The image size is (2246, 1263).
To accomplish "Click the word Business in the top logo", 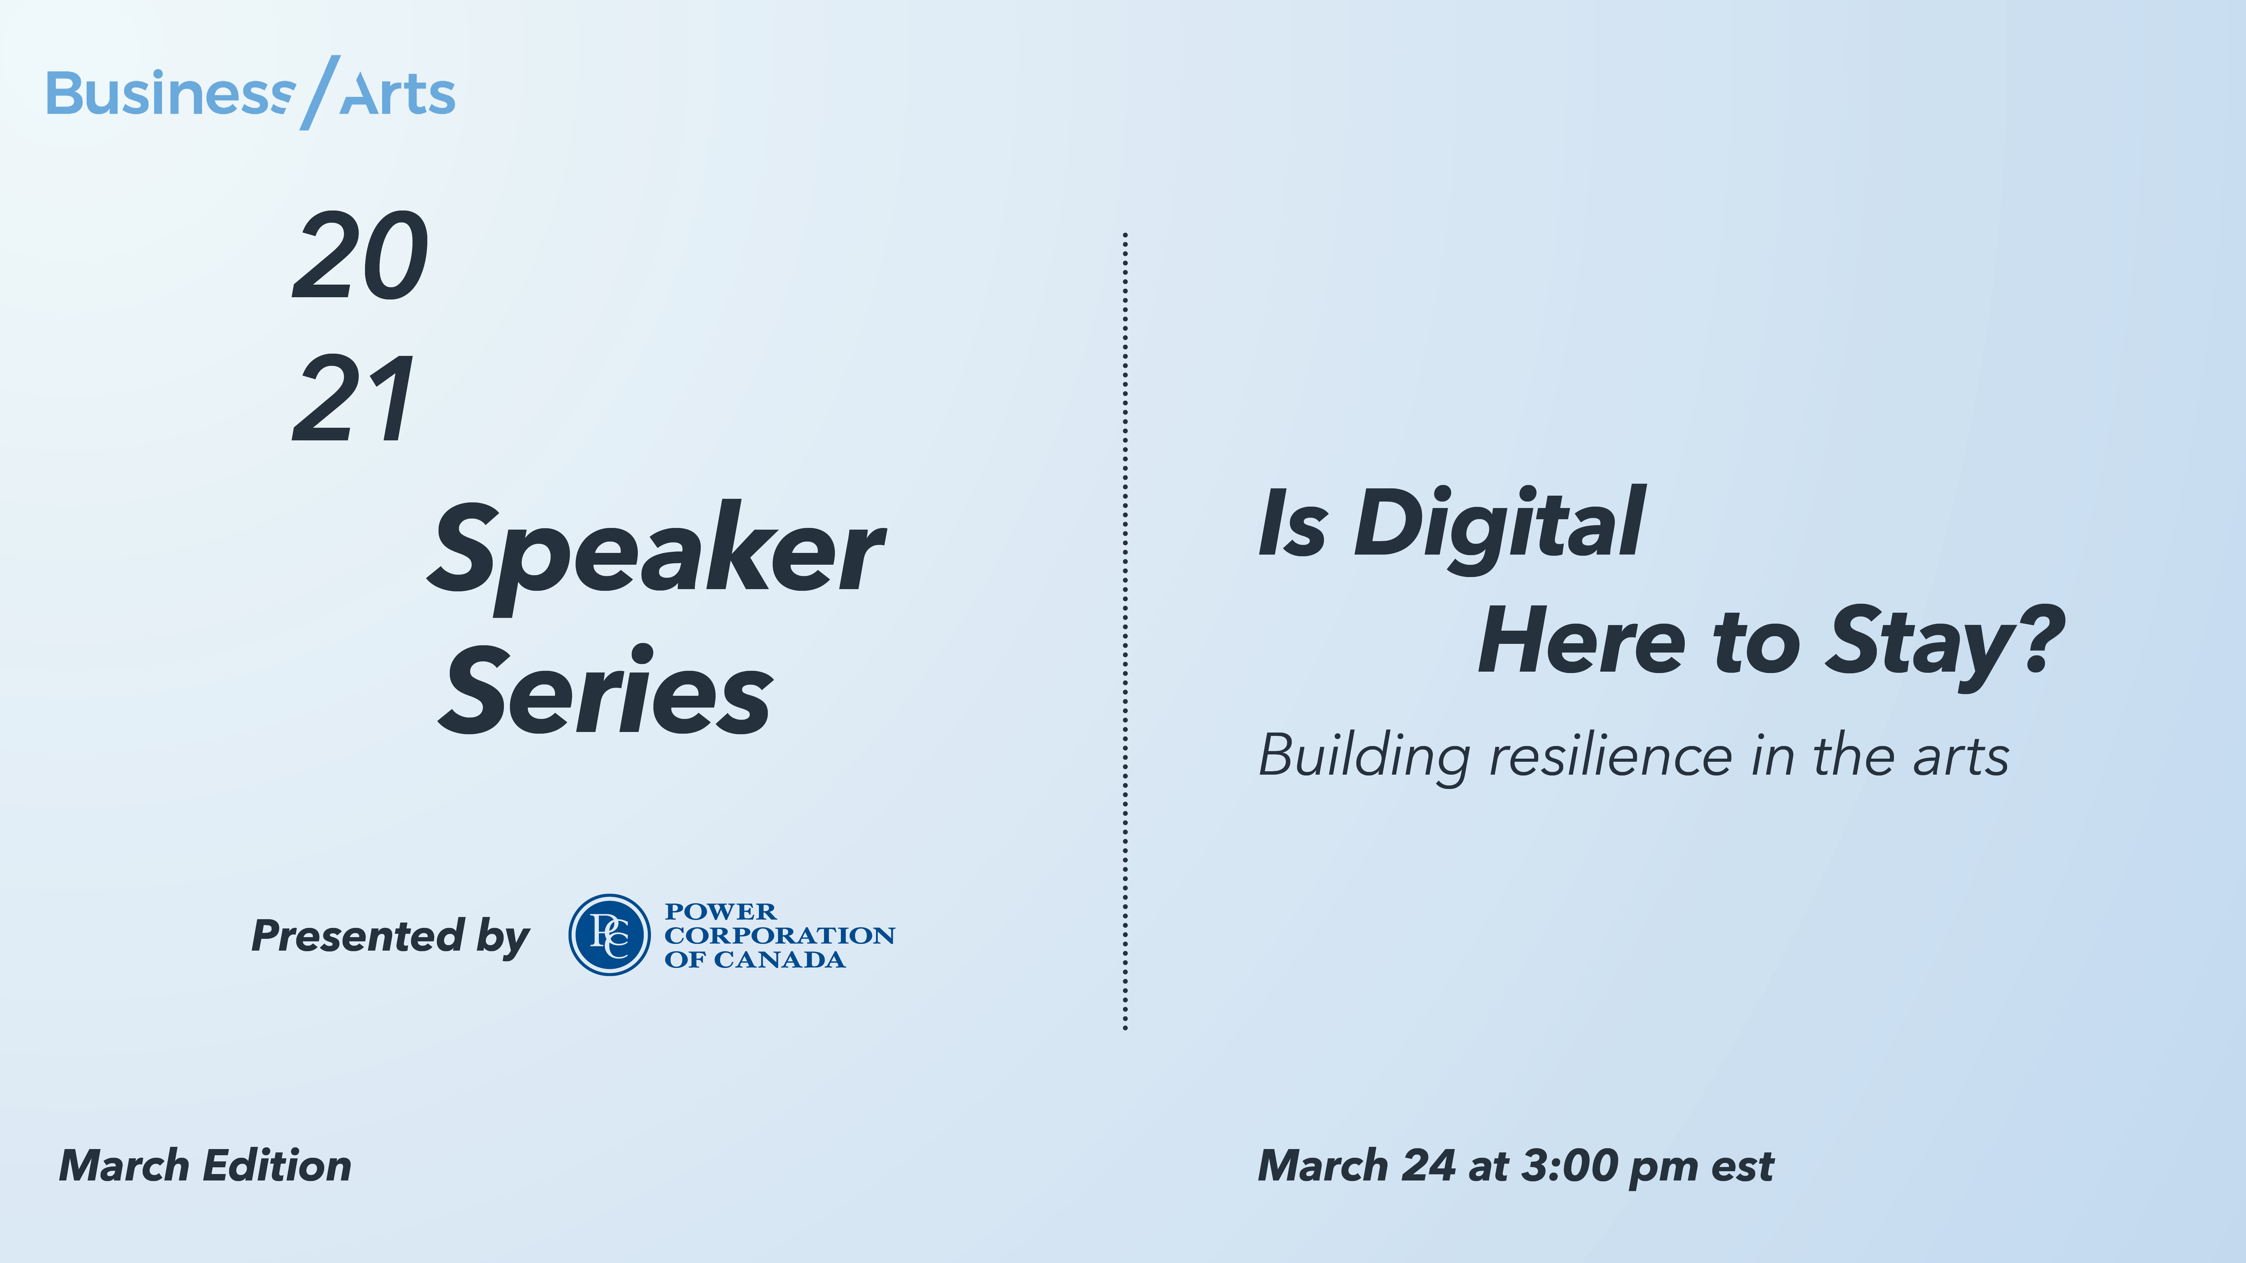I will point(170,94).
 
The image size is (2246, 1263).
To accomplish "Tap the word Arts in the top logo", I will point(398,94).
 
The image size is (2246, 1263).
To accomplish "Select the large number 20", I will point(360,257).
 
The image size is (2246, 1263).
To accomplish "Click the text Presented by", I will point(390,936).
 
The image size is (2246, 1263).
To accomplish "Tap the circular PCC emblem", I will point(610,934).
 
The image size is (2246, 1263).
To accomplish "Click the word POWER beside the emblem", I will point(720,912).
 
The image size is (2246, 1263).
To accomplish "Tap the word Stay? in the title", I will point(1944,642).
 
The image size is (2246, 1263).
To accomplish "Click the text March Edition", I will point(205,1166).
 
